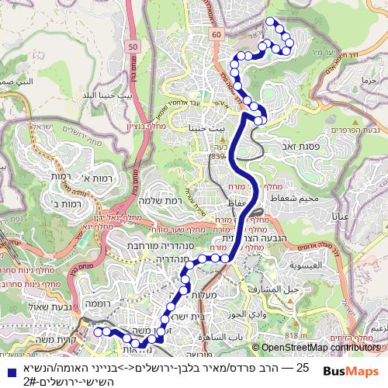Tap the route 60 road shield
[215, 34]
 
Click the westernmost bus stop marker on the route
[98, 331]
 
